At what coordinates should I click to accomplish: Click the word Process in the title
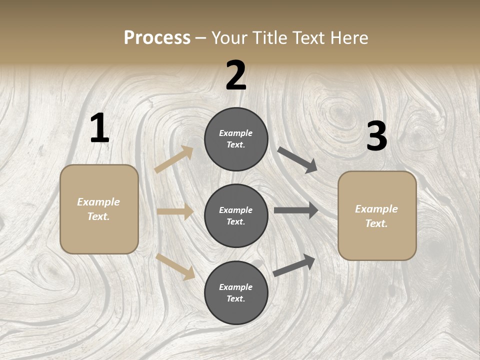[157, 38]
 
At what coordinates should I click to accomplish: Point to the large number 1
[99, 128]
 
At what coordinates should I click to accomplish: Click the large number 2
[236, 75]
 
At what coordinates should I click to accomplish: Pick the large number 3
[376, 136]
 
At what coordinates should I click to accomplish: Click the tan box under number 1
[99, 209]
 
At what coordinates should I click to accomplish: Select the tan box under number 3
[377, 215]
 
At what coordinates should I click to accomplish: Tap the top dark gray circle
[236, 139]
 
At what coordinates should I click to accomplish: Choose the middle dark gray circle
[236, 215]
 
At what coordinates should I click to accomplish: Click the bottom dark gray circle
[236, 292]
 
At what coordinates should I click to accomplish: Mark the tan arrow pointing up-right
[174, 159]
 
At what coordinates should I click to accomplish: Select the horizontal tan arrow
[175, 211]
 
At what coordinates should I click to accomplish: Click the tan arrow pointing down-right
[175, 266]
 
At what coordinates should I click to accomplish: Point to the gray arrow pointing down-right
[297, 160]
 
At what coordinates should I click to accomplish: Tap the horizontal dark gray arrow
[296, 210]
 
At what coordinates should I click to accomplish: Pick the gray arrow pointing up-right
[294, 265]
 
